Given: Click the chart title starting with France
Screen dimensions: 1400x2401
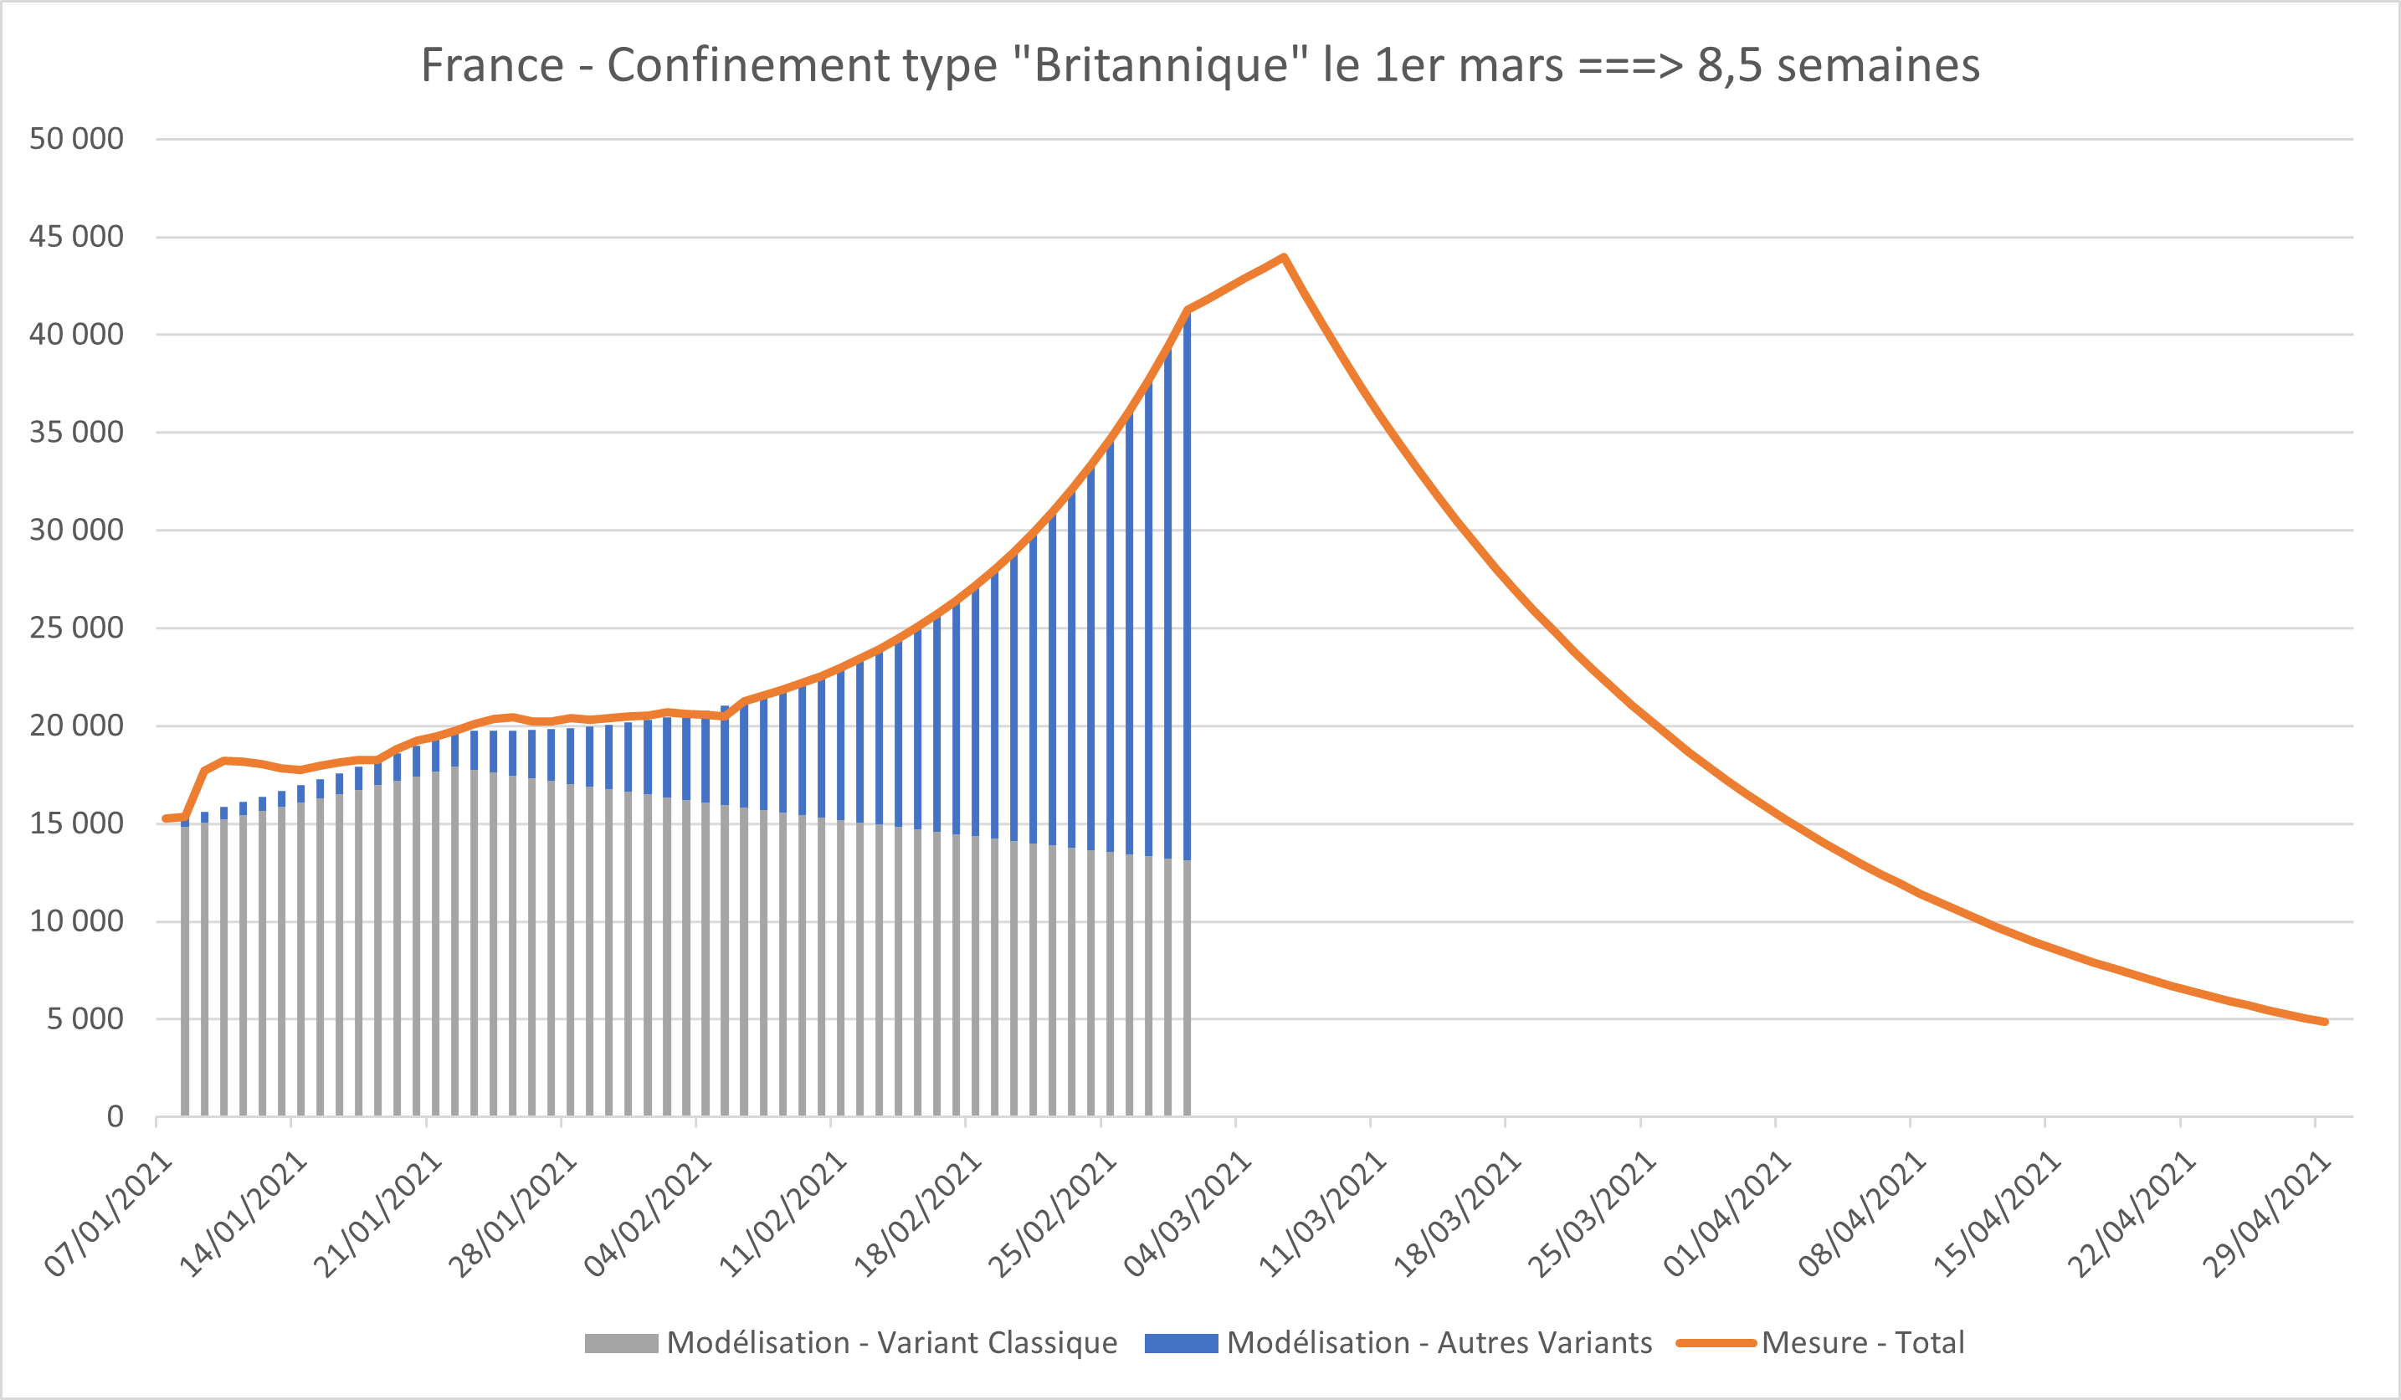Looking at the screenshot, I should [1200, 66].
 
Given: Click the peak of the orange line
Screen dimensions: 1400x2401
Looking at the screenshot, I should [1284, 257].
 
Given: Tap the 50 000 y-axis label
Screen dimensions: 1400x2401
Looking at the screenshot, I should [76, 139].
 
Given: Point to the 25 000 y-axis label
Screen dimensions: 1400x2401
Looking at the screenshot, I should [76, 628].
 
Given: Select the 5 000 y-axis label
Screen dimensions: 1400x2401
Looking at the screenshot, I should [85, 1018].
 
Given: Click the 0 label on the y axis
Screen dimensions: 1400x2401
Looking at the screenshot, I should [115, 1117].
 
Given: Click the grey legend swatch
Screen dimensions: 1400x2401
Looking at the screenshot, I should [621, 1344].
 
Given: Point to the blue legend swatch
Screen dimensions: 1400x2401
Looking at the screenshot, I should [1181, 1344].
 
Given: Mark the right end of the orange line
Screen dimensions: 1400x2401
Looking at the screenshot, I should [2326, 1022].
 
